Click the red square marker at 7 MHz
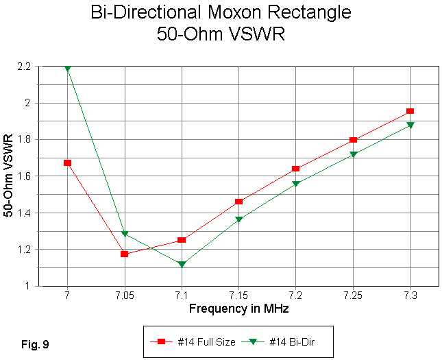67,163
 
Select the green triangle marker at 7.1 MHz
182,264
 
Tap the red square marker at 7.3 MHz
410,110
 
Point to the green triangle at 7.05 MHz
125,235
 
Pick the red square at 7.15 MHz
238,201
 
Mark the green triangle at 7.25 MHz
353,154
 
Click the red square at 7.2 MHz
296,168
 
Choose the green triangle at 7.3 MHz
410,125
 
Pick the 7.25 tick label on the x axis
353,296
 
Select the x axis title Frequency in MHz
238,309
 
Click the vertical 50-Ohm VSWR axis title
9,176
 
